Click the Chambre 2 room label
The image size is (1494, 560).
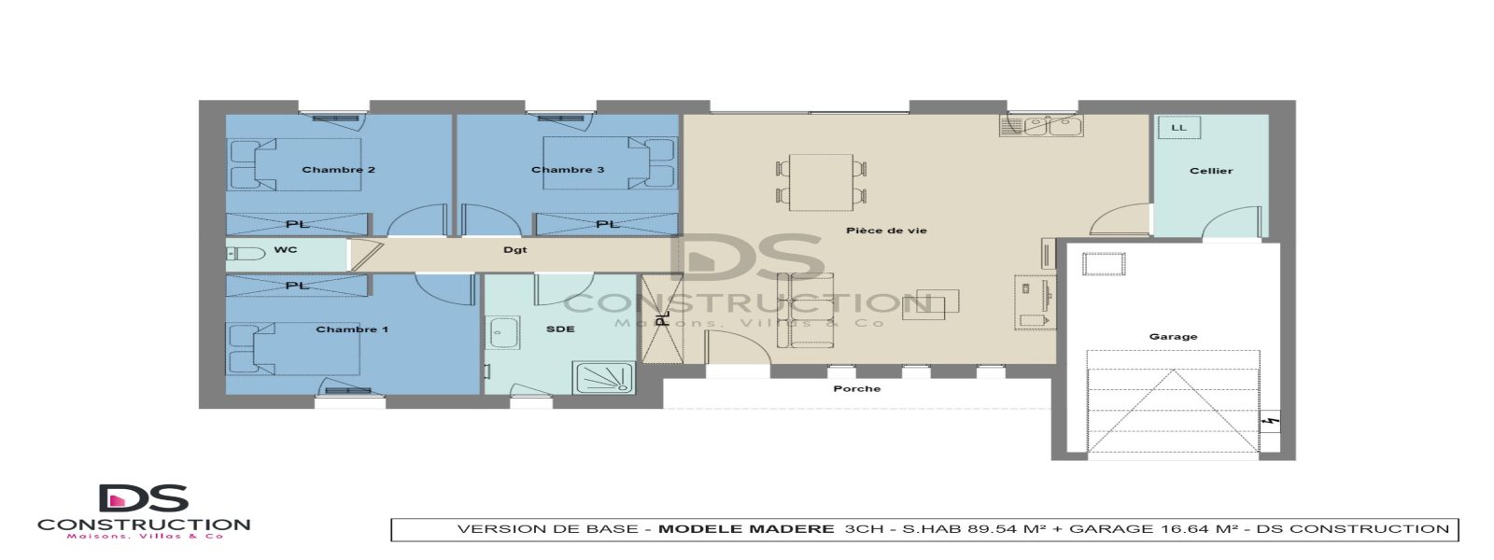click(x=338, y=170)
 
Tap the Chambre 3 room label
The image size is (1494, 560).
click(x=568, y=170)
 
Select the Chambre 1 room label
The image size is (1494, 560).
click(x=352, y=329)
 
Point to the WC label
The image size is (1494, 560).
click(x=286, y=250)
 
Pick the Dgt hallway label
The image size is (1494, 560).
click(x=515, y=250)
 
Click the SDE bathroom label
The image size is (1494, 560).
click(x=560, y=329)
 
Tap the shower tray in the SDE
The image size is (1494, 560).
click(x=603, y=378)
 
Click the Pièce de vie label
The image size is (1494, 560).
click(x=886, y=231)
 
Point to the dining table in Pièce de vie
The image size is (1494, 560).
click(x=821, y=182)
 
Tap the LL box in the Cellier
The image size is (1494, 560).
click(x=1178, y=128)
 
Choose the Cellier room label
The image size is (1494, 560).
click(x=1211, y=171)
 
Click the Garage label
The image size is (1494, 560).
click(x=1173, y=337)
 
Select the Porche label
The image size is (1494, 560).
click(x=856, y=389)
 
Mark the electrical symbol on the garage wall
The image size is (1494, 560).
click(x=1269, y=422)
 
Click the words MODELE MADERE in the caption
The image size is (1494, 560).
click(x=746, y=529)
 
